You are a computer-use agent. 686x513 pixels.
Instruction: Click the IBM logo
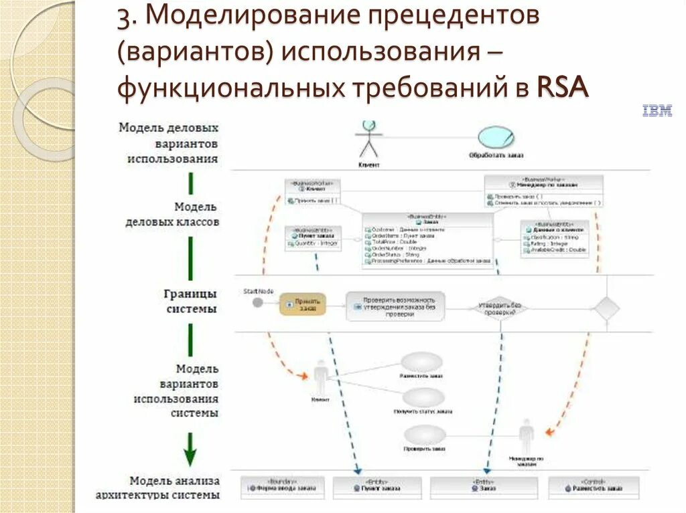tap(657, 112)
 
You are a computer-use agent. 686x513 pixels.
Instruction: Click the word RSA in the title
tap(563, 88)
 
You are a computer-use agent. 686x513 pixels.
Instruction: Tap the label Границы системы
tap(192, 301)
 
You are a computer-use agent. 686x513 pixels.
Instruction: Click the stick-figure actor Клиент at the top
tap(368, 139)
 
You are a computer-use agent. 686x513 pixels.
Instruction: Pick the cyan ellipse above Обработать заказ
tap(496, 136)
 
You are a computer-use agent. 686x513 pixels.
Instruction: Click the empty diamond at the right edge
tap(608, 308)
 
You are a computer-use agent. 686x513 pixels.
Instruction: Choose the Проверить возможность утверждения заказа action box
tap(395, 306)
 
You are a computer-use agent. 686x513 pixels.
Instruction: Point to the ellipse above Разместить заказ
tap(421, 363)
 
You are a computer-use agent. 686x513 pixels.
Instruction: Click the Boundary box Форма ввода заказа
tap(282, 487)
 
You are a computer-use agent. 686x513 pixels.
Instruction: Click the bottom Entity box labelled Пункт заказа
tap(378, 487)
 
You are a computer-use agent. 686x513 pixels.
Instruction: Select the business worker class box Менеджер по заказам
tap(543, 191)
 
